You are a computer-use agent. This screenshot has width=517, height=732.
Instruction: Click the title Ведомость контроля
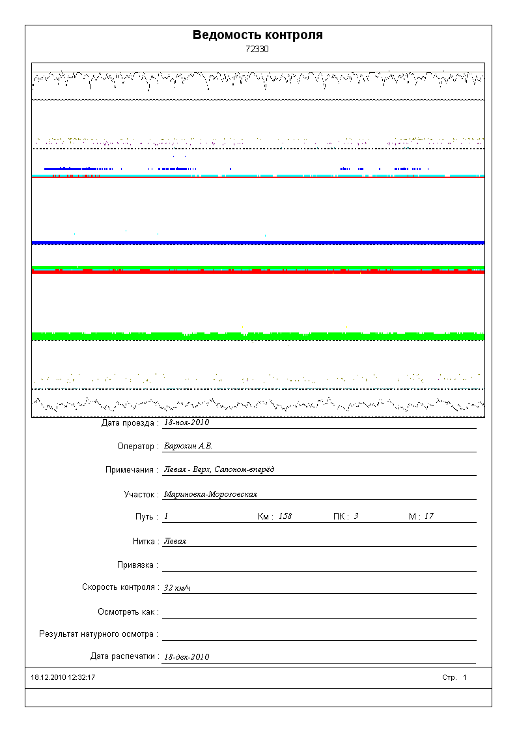pyautogui.click(x=258, y=35)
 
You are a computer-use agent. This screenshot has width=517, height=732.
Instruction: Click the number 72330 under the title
pyautogui.click(x=257, y=49)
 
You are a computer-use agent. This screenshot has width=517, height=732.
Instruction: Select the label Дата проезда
pyautogui.click(x=130, y=423)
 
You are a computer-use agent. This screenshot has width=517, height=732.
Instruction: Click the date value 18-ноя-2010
pyautogui.click(x=186, y=422)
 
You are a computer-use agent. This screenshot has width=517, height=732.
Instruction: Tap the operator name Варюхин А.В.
pyautogui.click(x=188, y=447)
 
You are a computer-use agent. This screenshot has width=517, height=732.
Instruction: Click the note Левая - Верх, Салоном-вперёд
pyautogui.click(x=219, y=470)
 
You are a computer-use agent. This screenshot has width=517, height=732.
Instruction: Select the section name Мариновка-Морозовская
pyautogui.click(x=210, y=494)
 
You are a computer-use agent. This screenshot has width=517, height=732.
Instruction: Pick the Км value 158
pyautogui.click(x=285, y=516)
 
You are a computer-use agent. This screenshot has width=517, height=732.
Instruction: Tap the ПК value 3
pyautogui.click(x=356, y=516)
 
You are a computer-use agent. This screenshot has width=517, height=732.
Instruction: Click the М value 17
pyautogui.click(x=429, y=516)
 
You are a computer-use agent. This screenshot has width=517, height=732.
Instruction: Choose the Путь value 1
pyautogui.click(x=166, y=516)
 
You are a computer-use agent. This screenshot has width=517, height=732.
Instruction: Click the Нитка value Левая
pyautogui.click(x=175, y=541)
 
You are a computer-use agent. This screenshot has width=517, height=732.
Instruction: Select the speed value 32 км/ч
pyautogui.click(x=177, y=588)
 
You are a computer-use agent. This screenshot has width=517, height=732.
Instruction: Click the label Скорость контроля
pyautogui.click(x=120, y=587)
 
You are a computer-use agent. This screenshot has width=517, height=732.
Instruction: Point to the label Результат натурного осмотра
pyautogui.click(x=98, y=634)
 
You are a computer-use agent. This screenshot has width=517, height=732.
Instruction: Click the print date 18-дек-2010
pyautogui.click(x=186, y=657)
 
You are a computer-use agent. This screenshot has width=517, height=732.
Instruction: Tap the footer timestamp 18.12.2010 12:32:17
pyautogui.click(x=63, y=678)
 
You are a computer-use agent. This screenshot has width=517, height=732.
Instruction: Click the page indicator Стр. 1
pyautogui.click(x=454, y=678)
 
